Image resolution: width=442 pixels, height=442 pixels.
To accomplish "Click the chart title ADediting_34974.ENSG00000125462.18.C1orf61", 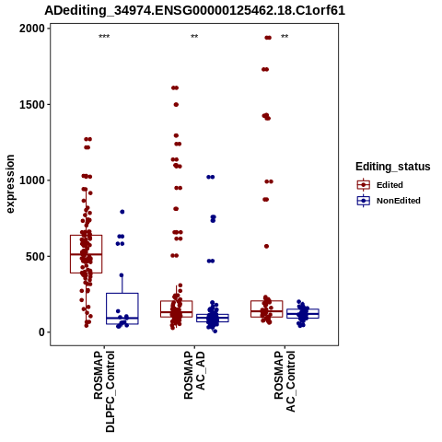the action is point(194,10).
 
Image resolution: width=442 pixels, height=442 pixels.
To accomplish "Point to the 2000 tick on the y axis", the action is point(32,29).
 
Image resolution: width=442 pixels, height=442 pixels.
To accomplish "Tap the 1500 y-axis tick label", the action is point(32,105).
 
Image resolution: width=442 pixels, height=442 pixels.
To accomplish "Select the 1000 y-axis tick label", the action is point(32,180).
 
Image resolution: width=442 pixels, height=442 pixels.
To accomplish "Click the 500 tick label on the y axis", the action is point(35,256).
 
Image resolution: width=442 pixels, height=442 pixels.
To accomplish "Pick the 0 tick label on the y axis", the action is point(41,332).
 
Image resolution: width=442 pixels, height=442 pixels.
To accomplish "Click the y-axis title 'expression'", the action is point(10,184).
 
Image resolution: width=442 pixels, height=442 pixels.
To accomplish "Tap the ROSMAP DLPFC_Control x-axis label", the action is point(104,391).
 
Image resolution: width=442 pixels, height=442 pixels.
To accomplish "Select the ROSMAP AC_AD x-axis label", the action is point(194,375).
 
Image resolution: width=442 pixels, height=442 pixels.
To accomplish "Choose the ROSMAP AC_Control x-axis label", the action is point(285,381).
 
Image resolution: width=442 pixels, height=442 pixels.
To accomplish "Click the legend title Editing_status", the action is point(393,167).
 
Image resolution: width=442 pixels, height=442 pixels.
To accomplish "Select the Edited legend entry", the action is point(379,185).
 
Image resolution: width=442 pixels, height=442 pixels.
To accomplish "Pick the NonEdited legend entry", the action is point(389,201).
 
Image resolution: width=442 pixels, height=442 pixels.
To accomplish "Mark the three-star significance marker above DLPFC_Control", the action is point(104,37).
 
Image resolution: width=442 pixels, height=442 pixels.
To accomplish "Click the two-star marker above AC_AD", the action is point(194,37).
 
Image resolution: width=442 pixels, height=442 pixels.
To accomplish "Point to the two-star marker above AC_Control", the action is point(285,37).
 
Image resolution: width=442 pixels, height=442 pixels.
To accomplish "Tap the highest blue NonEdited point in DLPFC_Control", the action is point(122,212).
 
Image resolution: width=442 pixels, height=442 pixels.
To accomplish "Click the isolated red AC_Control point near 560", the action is point(266,246).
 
